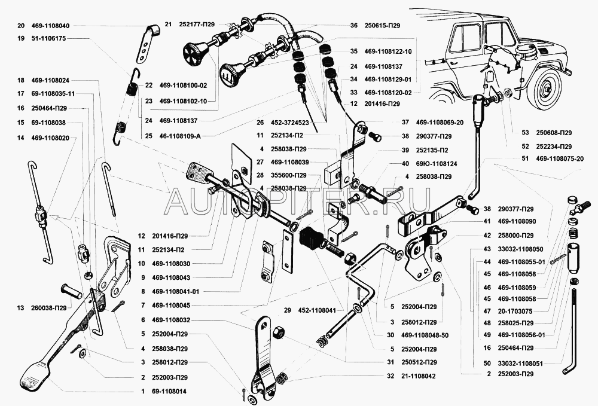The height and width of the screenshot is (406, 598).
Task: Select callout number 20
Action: [21, 26]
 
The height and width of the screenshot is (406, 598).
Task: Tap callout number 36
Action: [353, 26]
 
